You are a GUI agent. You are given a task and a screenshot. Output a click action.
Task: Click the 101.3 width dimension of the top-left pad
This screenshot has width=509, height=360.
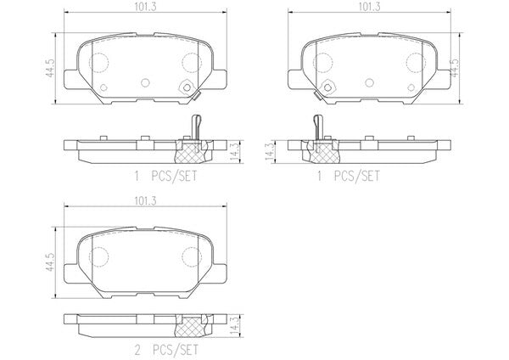pos(145,7)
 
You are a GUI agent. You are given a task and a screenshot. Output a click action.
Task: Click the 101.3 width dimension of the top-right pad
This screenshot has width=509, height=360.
pos(369,7)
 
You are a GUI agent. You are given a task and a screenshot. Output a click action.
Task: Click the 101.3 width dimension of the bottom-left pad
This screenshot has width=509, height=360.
pos(145,200)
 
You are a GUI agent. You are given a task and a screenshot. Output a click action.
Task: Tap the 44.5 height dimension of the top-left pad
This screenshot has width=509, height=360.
pos(50,68)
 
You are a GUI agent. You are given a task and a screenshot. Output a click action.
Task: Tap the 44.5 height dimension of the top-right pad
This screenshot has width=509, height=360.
pos(456,68)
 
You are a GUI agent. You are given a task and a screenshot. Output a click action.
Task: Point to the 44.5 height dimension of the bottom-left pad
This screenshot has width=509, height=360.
pos(50,262)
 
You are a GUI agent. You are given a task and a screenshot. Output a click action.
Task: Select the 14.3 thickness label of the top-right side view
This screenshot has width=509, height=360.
pos(270,152)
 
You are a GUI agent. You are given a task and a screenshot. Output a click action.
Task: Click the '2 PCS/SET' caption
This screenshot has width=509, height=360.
pos(166,350)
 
